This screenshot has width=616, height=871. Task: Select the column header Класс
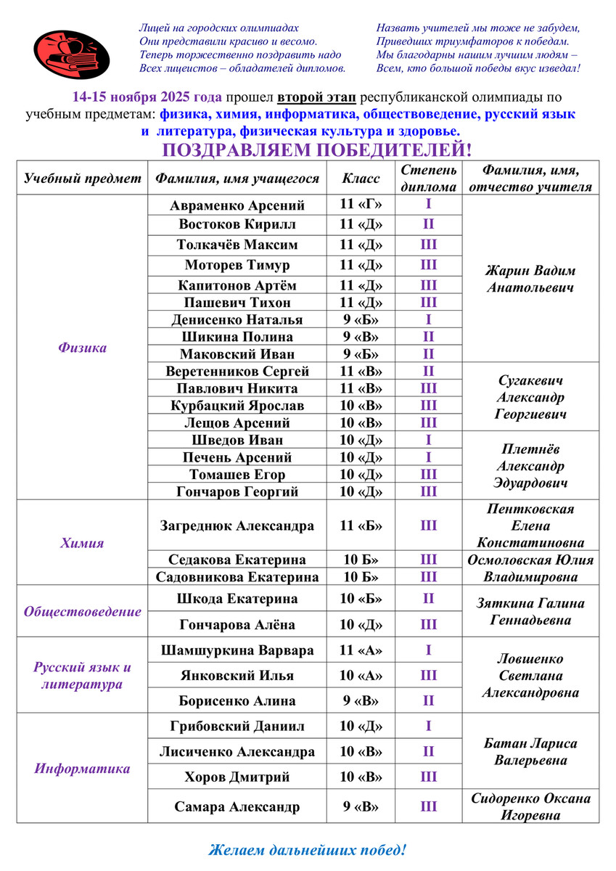click(x=361, y=178)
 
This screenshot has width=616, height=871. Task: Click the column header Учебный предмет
click(x=83, y=178)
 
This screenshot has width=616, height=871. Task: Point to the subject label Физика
click(x=82, y=348)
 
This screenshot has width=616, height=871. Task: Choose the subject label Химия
click(x=82, y=542)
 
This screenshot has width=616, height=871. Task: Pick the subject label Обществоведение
click(x=82, y=611)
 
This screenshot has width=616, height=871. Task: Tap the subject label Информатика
click(x=82, y=769)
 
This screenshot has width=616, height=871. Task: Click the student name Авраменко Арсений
click(x=237, y=205)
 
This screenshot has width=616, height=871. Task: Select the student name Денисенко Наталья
click(x=237, y=319)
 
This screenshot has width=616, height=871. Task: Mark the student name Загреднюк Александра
click(x=237, y=526)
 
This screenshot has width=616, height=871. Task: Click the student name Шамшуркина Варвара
click(x=237, y=650)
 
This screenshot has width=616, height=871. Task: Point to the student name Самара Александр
click(x=237, y=806)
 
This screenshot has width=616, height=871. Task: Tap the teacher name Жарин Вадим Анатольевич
click(x=530, y=279)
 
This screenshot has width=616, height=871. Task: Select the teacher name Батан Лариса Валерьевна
click(x=530, y=752)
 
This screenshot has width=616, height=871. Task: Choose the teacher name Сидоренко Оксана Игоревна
click(x=530, y=806)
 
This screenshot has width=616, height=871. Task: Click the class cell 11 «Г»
click(x=361, y=205)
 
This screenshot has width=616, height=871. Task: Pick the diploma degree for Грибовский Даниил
click(x=429, y=726)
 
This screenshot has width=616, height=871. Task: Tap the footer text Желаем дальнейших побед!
click(x=308, y=848)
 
